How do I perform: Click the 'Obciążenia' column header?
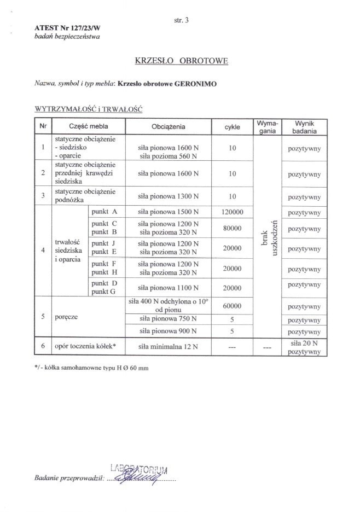coord(169,127)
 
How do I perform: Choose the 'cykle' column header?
coord(232,127)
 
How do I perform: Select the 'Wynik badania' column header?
coord(304,127)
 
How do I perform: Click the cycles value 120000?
coord(232,211)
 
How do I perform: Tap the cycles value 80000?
coord(232,228)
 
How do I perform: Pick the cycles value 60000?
coord(232,306)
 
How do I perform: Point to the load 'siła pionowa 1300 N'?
coord(169,195)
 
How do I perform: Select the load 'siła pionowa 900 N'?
coord(169,331)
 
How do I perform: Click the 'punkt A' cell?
coord(105,211)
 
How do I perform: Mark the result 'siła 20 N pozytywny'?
coord(304,347)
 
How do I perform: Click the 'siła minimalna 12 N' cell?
coord(169,346)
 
